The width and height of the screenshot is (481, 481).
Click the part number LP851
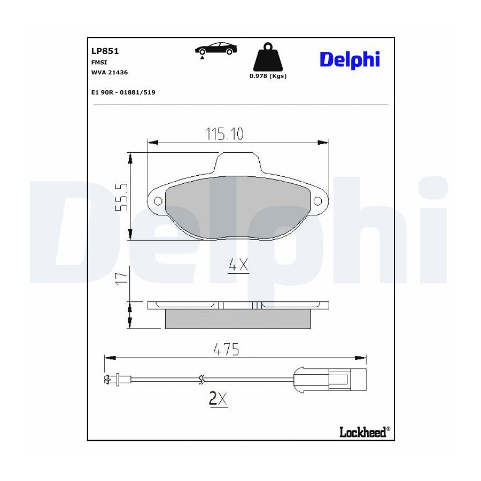(105, 51)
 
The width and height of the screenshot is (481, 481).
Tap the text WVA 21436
(110, 72)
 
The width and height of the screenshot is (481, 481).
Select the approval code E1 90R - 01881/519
(123, 92)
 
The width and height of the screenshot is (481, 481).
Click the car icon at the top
(216, 49)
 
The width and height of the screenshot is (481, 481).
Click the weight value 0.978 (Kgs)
(268, 76)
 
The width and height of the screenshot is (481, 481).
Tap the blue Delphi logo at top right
(350, 60)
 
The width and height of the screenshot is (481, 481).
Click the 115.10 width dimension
(224, 134)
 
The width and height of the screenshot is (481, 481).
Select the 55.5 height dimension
(121, 197)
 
